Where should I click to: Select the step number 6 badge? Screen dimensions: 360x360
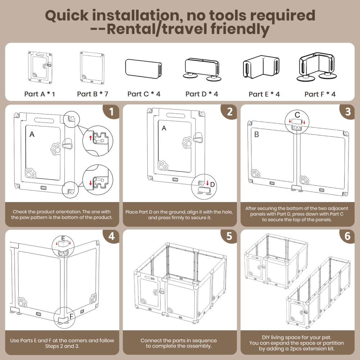coord(347,237)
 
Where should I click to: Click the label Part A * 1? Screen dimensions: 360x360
coord(40,94)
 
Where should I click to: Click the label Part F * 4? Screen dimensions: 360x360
coord(320,94)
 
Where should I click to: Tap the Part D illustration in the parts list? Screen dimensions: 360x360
coord(202,68)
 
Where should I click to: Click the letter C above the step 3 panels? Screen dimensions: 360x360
coord(297,115)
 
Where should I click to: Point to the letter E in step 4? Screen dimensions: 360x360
coord(63,239)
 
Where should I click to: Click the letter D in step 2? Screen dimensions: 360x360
coord(212,184)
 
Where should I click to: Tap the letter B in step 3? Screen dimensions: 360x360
coord(257,135)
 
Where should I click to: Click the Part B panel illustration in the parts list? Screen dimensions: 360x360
coord(92,67)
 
